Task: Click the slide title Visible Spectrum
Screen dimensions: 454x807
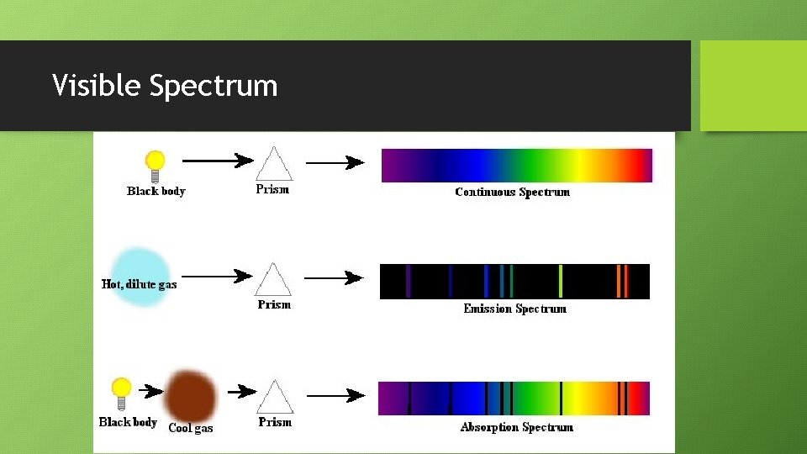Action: pos(165,86)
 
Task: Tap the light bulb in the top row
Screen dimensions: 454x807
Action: pos(155,164)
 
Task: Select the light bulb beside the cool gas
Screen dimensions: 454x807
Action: pos(122,393)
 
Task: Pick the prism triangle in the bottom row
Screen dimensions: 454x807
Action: pos(274,397)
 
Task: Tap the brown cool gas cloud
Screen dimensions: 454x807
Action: pos(191,394)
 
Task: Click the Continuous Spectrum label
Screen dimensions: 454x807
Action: pos(512,192)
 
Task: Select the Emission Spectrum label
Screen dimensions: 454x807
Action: pos(514,309)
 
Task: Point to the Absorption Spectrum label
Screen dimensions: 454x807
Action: pos(516,427)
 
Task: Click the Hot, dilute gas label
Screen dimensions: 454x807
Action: pos(140,284)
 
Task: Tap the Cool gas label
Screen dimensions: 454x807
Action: pos(191,428)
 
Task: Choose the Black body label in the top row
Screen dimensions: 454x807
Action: pos(156,191)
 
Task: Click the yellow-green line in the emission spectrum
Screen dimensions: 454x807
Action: pos(561,281)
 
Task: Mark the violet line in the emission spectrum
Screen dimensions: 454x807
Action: pos(409,281)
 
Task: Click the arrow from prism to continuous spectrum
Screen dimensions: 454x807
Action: pos(334,162)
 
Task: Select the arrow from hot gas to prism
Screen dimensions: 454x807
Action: pos(217,275)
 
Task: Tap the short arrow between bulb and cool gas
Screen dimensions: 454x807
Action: pos(151,391)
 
